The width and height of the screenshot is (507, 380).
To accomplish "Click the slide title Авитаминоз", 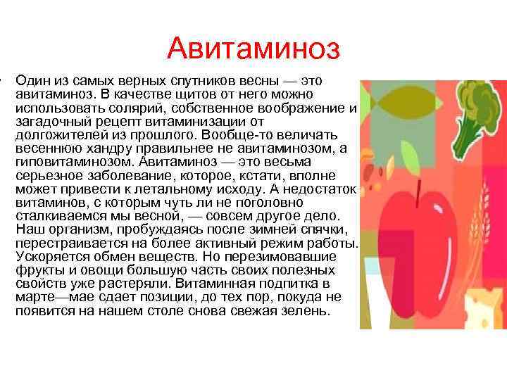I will point(254,49).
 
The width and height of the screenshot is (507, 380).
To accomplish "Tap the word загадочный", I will point(47,121).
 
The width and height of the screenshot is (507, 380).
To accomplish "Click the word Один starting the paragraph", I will point(31,82).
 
